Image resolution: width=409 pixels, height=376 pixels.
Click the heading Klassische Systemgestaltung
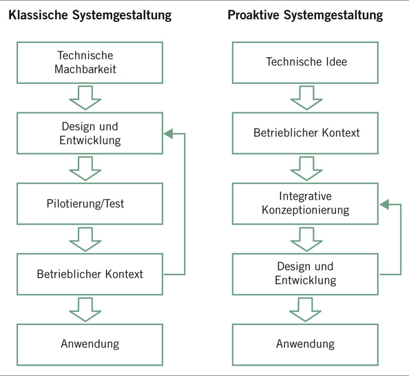point(90,15)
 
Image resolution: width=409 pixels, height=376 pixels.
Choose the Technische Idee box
point(306,62)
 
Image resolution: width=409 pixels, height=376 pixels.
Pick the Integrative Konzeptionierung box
point(306,203)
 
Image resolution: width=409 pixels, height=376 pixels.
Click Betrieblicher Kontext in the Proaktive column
point(306,132)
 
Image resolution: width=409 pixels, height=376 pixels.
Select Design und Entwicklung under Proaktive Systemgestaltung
point(306,273)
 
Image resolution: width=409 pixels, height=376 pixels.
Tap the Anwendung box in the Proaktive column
point(306,344)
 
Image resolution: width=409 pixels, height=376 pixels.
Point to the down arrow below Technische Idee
point(306,97)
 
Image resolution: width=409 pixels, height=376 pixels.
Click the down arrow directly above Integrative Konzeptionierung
point(306,168)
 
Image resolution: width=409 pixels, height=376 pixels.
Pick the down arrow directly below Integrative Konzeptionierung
point(306,239)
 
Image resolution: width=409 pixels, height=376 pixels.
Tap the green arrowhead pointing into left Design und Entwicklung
point(167,134)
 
